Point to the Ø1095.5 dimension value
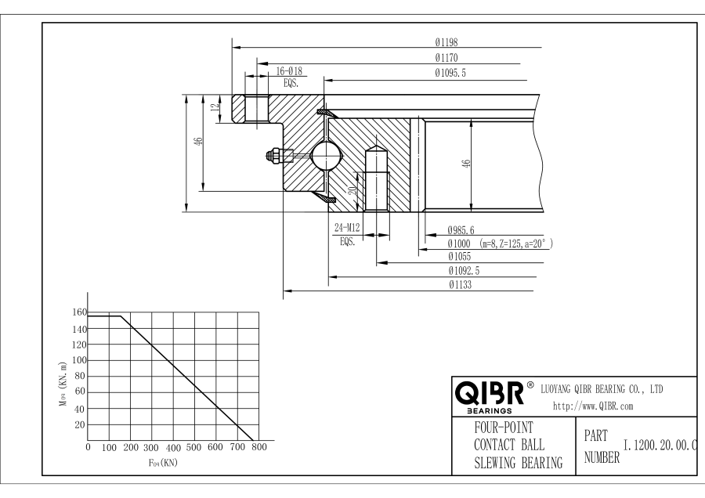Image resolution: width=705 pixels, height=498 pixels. coord(452,73)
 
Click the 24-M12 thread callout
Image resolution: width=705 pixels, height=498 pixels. coord(347,228)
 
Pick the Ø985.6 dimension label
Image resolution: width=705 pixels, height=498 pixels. coord(462,231)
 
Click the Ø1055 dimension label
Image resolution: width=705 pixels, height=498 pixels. coord(460,257)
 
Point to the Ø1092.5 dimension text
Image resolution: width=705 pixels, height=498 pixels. coord(464,270)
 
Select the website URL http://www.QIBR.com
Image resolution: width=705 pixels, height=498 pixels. coord(593,406)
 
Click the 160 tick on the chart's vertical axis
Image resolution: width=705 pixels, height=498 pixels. coord(78,312)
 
